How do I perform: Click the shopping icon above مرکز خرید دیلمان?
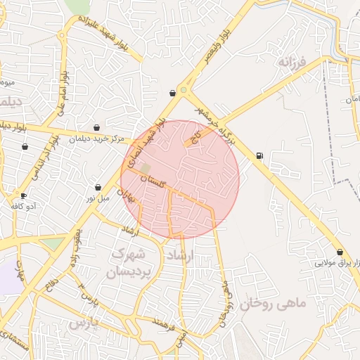click(x=96, y=128)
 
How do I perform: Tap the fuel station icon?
click(x=260, y=156)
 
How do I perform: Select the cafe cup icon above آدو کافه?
click(x=23, y=195)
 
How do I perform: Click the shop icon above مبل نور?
click(x=98, y=188)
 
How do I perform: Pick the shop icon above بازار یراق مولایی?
click(x=340, y=252)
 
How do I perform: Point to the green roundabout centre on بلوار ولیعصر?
click(x=184, y=90)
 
